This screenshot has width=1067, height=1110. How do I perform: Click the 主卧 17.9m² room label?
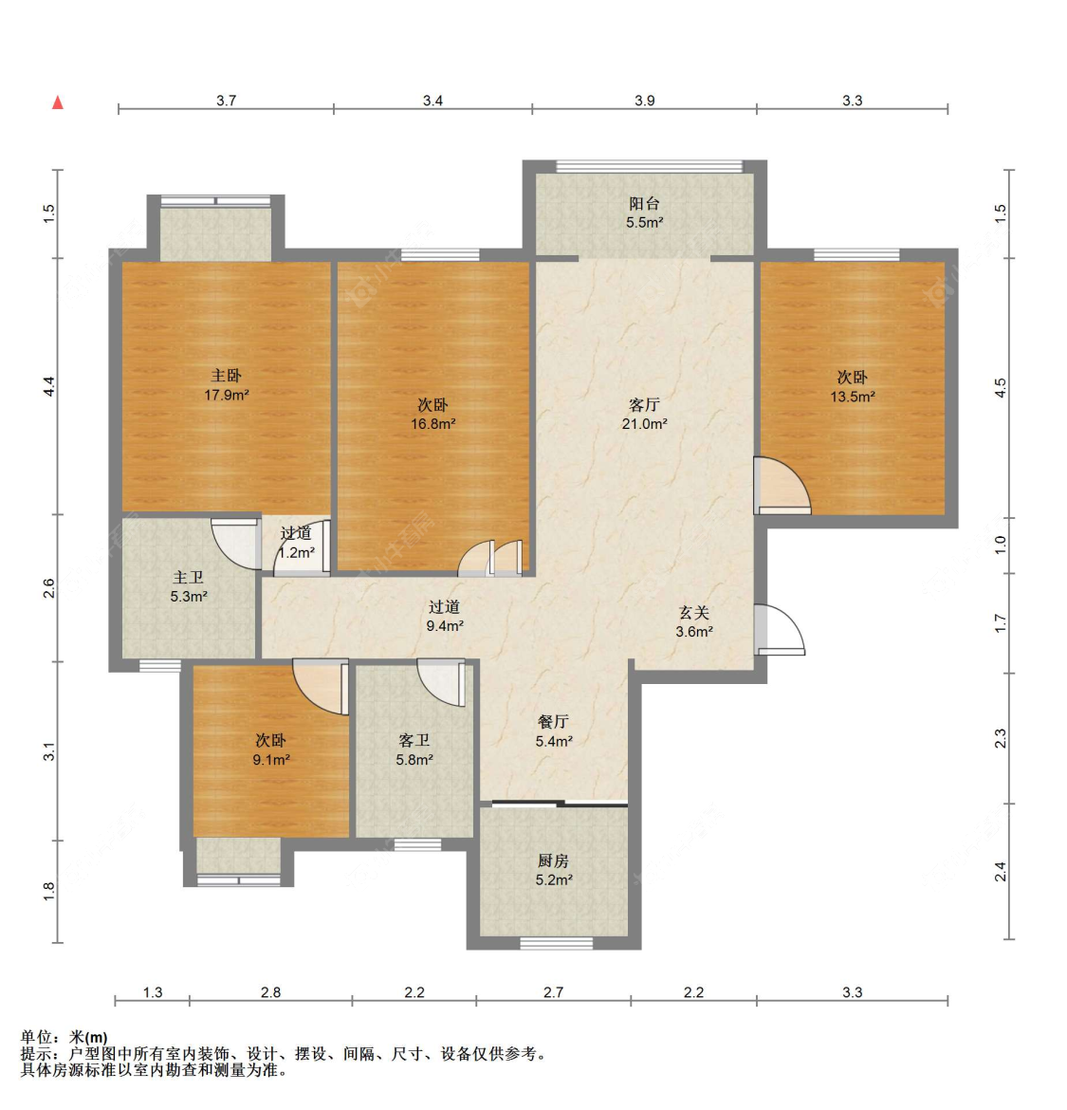click(227, 385)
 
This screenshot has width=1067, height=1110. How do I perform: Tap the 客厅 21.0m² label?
click(645, 415)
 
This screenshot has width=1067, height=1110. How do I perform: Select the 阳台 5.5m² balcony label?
click(645, 213)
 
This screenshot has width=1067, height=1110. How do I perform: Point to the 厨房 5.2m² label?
click(553, 870)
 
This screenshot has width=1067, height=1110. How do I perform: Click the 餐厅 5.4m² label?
click(553, 731)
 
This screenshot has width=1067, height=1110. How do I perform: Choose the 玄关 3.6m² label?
click(694, 622)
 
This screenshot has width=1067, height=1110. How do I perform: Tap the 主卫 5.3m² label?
click(188, 587)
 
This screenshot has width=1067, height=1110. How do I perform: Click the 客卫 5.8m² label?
click(414, 749)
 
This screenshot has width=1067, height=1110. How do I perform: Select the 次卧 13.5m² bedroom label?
click(853, 386)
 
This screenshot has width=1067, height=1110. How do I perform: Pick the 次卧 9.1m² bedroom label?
click(271, 749)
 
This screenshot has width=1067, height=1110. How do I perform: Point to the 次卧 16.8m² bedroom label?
click(433, 415)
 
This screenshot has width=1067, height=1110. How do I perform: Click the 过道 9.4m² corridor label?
click(445, 616)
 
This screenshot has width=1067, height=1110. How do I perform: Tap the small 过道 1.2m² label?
click(296, 543)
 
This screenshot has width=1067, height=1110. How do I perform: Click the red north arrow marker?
click(58, 102)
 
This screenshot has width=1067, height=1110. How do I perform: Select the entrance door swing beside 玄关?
click(779, 629)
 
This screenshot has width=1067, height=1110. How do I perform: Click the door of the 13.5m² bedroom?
click(782, 486)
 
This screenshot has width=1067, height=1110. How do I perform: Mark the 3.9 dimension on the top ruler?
click(645, 101)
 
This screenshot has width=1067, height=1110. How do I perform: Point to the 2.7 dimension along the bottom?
click(553, 992)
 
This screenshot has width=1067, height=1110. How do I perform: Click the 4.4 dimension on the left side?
click(48, 386)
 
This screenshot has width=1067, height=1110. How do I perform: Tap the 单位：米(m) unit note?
click(64, 1038)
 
